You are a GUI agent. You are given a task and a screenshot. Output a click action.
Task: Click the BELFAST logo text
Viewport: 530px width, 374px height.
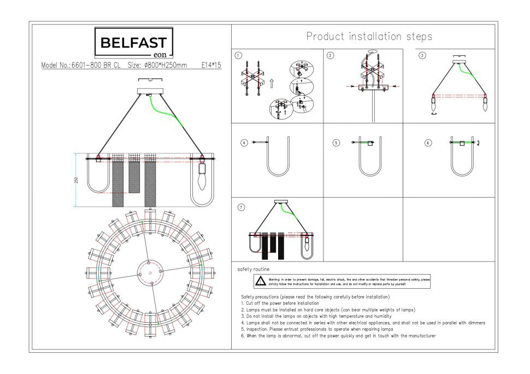(134, 41)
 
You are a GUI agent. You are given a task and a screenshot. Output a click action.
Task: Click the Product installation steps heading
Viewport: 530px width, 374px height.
(369, 37)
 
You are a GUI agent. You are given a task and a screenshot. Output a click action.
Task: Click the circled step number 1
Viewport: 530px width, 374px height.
(238, 55)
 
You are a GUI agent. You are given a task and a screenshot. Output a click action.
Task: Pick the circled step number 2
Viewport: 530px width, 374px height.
(330, 55)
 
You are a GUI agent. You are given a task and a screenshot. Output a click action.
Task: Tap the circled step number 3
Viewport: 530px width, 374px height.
(422, 55)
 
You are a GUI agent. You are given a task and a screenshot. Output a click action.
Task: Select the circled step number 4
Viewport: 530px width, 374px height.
(244, 143)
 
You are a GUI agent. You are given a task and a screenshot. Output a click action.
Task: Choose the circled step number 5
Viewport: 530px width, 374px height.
(336, 143)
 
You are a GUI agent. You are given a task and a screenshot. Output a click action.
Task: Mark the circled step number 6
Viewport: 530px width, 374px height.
(428, 143)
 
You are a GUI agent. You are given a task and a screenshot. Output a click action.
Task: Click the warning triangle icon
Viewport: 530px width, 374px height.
(261, 281)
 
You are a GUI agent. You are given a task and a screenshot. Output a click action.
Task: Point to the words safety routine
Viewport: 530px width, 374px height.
(253, 270)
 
